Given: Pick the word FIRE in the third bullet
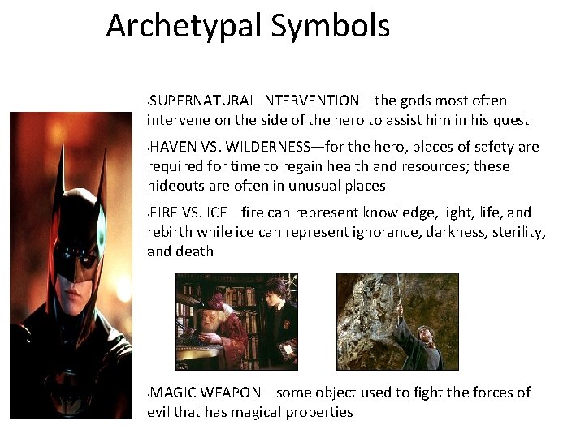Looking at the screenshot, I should click(163, 213).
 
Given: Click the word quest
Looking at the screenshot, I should click(512, 120).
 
